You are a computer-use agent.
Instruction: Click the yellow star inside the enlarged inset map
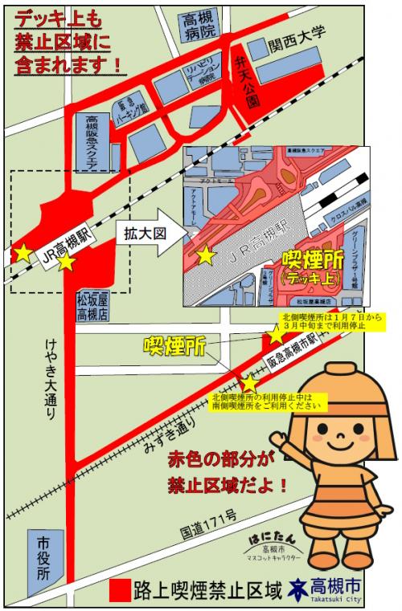[206, 256]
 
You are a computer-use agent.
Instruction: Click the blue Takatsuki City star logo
[300, 589]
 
